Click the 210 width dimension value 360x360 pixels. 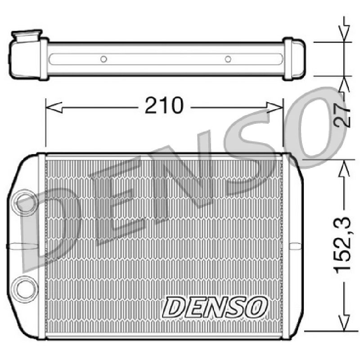[x=164, y=105]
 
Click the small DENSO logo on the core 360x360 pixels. [x=215, y=307]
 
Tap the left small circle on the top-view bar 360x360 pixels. [x=104, y=59]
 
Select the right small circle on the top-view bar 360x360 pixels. [x=228, y=59]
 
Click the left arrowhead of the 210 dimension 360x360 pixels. [x=54, y=108]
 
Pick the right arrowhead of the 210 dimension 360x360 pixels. [x=275, y=108]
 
